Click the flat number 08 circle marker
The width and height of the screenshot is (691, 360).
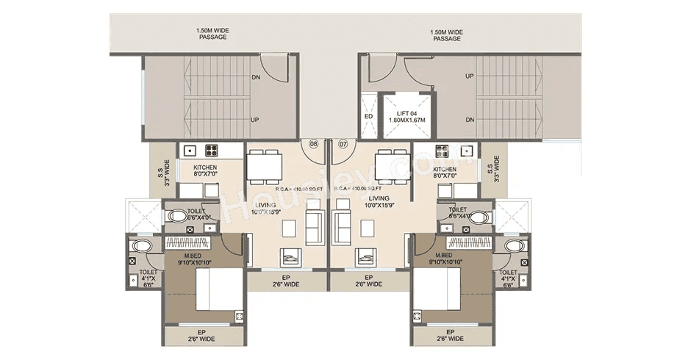tap(313, 144)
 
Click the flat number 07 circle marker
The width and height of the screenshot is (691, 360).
tap(343, 144)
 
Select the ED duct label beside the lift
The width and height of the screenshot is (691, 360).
tap(368, 117)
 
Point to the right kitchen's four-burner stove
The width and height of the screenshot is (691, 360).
tap(443, 151)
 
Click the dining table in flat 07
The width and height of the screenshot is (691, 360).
tap(391, 165)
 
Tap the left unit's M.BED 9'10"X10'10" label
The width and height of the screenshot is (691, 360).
tap(194, 259)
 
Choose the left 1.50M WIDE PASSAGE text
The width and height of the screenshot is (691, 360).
tap(212, 35)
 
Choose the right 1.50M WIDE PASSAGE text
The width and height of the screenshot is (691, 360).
tap(446, 35)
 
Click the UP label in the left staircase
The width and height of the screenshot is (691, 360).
tap(254, 120)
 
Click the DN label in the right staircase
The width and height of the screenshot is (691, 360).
tap(469, 120)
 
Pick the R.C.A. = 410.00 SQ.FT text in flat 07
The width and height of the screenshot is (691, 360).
tap(355, 189)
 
